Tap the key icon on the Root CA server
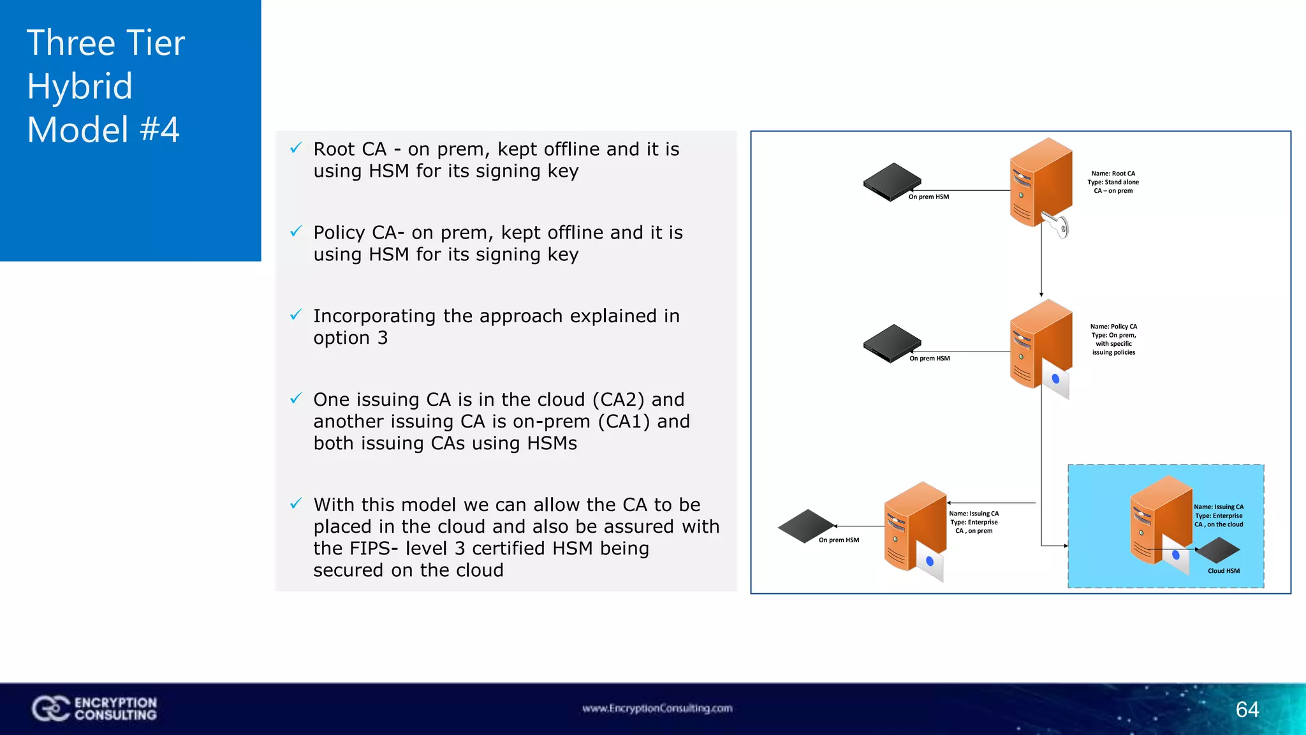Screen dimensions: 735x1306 pyautogui.click(x=1057, y=225)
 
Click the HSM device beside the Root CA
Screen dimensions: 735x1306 pyautogui.click(x=891, y=181)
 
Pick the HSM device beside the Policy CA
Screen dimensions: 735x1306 pyautogui.click(x=891, y=343)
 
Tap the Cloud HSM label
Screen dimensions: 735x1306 pyautogui.click(x=1223, y=571)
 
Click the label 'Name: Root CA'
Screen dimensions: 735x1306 pyautogui.click(x=1113, y=174)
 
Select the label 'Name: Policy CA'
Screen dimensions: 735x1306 pyautogui.click(x=1113, y=327)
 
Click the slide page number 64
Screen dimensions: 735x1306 pyautogui.click(x=1247, y=709)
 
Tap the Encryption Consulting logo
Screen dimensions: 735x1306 pyautogui.click(x=94, y=708)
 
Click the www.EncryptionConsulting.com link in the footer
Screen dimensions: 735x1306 pyautogui.click(x=657, y=708)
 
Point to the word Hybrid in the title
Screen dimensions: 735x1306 pyautogui.click(x=80, y=86)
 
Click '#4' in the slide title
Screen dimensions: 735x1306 pyautogui.click(x=159, y=130)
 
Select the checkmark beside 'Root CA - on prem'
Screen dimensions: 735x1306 pyautogui.click(x=296, y=148)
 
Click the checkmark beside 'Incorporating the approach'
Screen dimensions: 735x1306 pyautogui.click(x=296, y=315)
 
